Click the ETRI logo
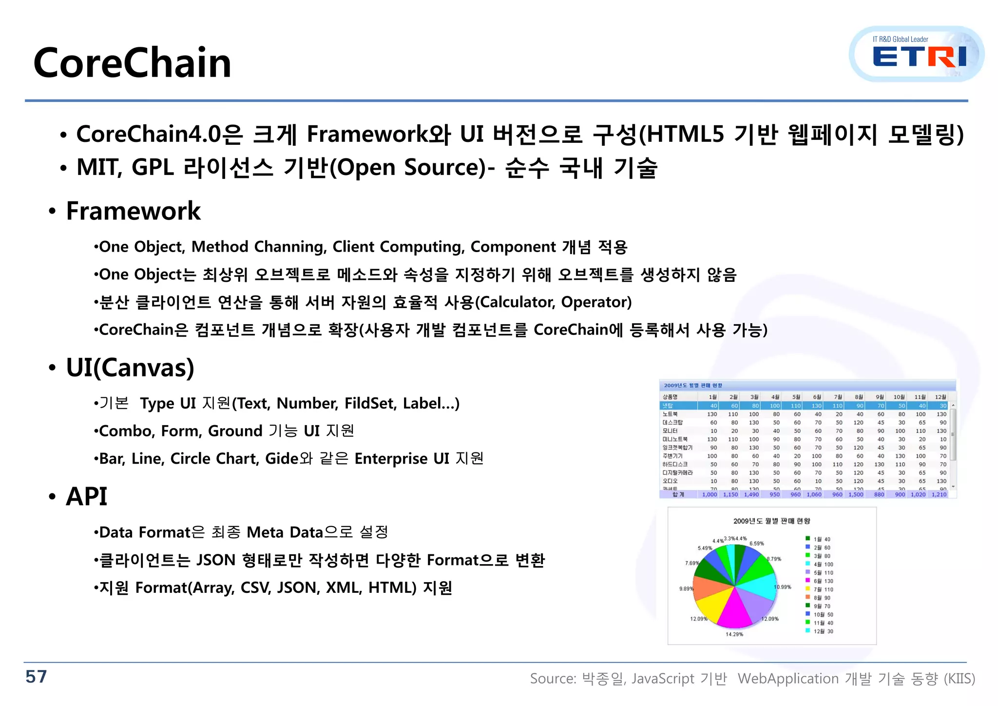(x=918, y=55)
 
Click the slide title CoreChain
(x=132, y=63)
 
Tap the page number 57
(x=36, y=677)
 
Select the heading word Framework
(x=133, y=211)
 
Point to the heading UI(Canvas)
(x=130, y=368)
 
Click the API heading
(x=86, y=497)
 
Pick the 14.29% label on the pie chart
(x=734, y=634)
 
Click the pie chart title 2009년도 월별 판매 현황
(x=771, y=521)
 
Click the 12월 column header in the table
(x=940, y=397)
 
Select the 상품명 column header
(x=670, y=397)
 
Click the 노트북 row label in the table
(x=670, y=414)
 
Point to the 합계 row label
(x=678, y=494)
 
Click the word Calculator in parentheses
(x=517, y=302)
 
